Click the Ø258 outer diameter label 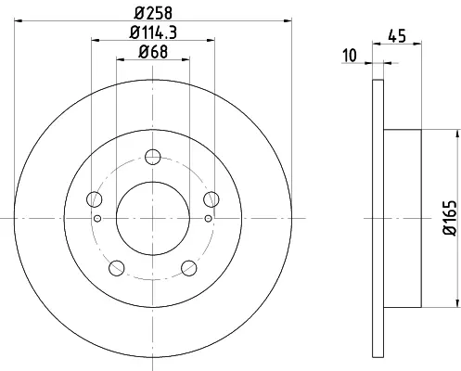pyautogui.click(x=153, y=13)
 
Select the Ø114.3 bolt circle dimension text pyautogui.click(x=153, y=32)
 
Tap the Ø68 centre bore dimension pyautogui.click(x=153, y=52)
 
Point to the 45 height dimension pyautogui.click(x=397, y=36)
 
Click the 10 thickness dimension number pyautogui.click(x=350, y=56)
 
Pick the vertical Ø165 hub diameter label pyautogui.click(x=450, y=218)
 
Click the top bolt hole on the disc pyautogui.click(x=153, y=157)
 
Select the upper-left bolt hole pyautogui.click(x=95, y=199)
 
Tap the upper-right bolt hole pyautogui.click(x=211, y=199)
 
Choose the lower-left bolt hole pyautogui.click(x=117, y=268)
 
